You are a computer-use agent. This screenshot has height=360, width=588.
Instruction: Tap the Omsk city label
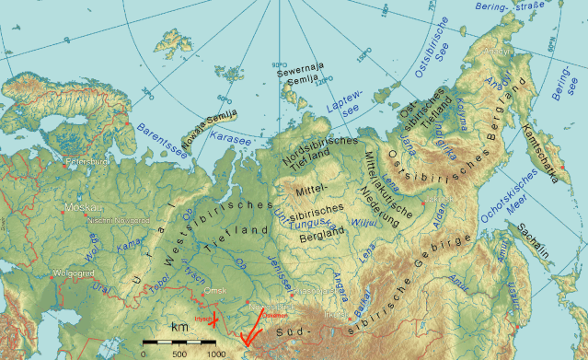[213, 291]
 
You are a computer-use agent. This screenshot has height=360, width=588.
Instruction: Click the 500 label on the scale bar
[179, 354]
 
